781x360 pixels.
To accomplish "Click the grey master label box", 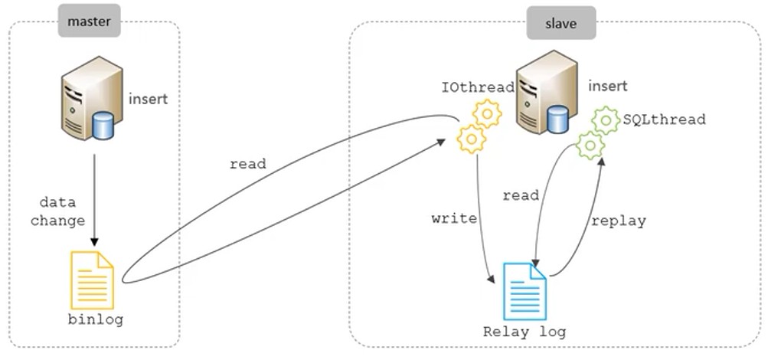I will [x=90, y=21].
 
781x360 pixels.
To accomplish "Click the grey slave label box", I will [x=561, y=24].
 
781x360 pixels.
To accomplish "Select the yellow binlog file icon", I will [x=92, y=280].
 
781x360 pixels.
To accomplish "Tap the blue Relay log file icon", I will [x=524, y=290].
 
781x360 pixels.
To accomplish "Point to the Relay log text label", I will [x=524, y=332].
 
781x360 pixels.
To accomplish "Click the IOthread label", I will [x=478, y=88].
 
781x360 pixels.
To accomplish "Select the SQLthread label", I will [x=664, y=119].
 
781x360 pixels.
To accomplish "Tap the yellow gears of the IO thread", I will [x=479, y=126].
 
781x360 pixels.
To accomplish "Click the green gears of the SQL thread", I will [x=598, y=132].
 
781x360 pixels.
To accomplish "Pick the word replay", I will [x=618, y=221].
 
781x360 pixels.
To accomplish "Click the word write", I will [x=454, y=218].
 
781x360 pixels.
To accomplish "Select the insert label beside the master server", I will [x=148, y=99].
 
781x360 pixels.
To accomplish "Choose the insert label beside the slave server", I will [x=608, y=86].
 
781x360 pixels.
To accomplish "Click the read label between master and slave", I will [x=247, y=164].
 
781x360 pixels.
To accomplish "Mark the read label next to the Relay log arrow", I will [x=521, y=195].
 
